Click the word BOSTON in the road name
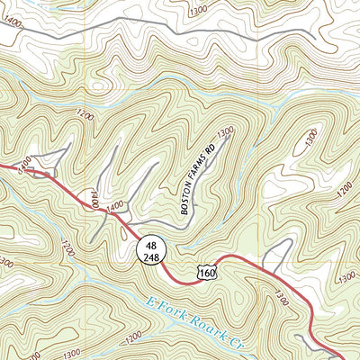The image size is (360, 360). [187, 201]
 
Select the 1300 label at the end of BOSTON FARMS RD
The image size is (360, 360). [225, 131]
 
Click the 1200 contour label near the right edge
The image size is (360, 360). [338, 193]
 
